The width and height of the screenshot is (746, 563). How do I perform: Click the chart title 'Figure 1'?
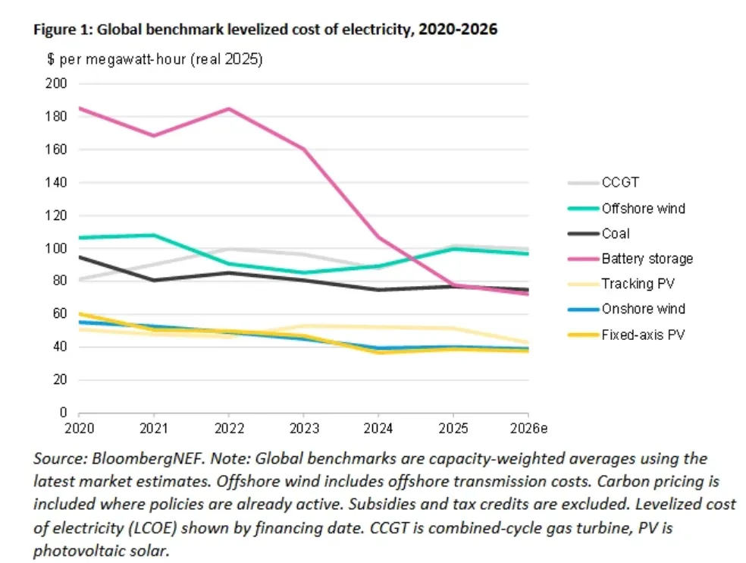pyautogui.click(x=265, y=30)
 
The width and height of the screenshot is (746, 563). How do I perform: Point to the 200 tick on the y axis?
pyautogui.click(x=57, y=83)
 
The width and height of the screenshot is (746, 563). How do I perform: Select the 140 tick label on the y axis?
pyautogui.click(x=57, y=182)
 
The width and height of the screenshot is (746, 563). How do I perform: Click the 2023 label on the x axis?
pyautogui.click(x=304, y=429)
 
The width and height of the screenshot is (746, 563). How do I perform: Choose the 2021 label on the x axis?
pyautogui.click(x=154, y=429)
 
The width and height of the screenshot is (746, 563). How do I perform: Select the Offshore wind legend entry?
pyautogui.click(x=643, y=208)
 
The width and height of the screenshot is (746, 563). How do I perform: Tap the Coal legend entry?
pyautogui.click(x=616, y=233)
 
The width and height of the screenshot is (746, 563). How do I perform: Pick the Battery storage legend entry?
pyautogui.click(x=647, y=258)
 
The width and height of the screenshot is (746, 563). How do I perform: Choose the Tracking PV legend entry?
pyautogui.click(x=638, y=283)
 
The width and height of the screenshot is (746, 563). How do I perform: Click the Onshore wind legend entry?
pyautogui.click(x=643, y=309)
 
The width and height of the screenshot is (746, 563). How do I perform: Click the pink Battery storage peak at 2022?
pyautogui.click(x=229, y=109)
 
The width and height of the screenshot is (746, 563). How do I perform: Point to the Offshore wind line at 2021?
pyautogui.click(x=154, y=235)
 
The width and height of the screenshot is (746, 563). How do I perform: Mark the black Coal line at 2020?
pyautogui.click(x=80, y=256)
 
